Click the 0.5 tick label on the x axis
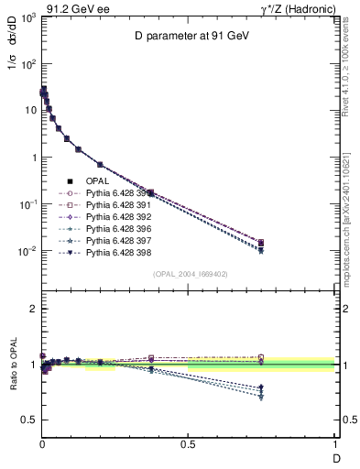188,445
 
